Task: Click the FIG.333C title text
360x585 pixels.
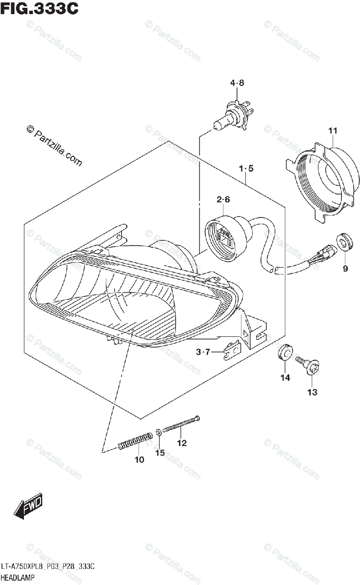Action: click(x=39, y=9)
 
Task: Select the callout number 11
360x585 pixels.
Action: click(x=333, y=131)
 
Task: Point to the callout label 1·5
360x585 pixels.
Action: click(x=246, y=169)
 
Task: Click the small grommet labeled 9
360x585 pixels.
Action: click(x=345, y=242)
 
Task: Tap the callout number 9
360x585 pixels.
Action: click(x=345, y=268)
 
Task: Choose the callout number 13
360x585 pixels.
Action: click(x=312, y=392)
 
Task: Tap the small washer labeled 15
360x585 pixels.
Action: click(x=160, y=432)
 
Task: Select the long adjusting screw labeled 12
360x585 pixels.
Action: click(x=181, y=424)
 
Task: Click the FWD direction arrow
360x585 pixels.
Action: click(x=29, y=507)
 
